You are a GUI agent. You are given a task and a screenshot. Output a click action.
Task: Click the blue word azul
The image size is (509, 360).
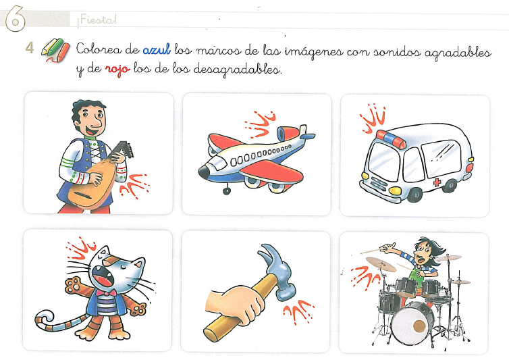[x=157, y=50]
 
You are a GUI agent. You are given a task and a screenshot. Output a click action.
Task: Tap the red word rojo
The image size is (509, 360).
[x=117, y=69]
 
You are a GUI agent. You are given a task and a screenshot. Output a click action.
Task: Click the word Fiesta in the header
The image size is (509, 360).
[x=97, y=20]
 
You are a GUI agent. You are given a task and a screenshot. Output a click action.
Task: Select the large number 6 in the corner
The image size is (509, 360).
[x=15, y=18]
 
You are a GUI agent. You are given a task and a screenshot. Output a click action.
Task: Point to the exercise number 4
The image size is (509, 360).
[x=30, y=48]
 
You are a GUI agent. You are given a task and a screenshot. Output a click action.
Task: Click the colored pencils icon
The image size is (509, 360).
[x=55, y=51]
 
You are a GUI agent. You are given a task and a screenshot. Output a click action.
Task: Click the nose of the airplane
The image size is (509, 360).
[x=204, y=172]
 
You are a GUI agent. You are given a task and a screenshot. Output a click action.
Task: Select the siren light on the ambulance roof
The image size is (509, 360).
[x=391, y=139]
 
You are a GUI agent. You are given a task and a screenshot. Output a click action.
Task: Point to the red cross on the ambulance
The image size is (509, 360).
[x=437, y=182]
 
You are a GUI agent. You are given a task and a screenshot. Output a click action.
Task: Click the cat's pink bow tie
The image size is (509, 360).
[x=106, y=293]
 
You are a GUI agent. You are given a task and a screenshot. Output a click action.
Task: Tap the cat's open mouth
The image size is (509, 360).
[x=103, y=276]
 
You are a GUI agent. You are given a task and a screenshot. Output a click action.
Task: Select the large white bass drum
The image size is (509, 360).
[x=412, y=324]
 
